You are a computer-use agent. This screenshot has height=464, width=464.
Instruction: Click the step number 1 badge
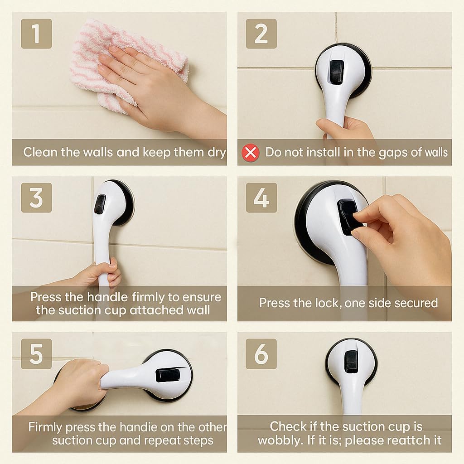tap(36, 34)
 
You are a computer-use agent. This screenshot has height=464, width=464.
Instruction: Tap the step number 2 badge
tap(261, 34)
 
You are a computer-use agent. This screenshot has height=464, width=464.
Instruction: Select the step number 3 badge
tap(36, 198)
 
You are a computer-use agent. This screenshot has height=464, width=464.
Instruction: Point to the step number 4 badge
tap(261, 198)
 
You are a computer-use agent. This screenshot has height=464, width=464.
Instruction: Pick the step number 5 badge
tap(36, 353)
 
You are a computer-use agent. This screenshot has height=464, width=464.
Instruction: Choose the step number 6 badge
tap(261, 353)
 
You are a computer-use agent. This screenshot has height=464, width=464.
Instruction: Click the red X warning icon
tap(251, 153)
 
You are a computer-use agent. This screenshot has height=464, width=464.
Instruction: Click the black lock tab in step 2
tap(337, 70)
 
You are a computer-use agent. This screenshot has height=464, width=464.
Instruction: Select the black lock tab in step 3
tap(100, 204)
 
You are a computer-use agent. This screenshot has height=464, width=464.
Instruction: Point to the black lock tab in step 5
tap(168, 375)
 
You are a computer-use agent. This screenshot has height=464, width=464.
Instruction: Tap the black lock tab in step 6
tap(351, 362)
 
